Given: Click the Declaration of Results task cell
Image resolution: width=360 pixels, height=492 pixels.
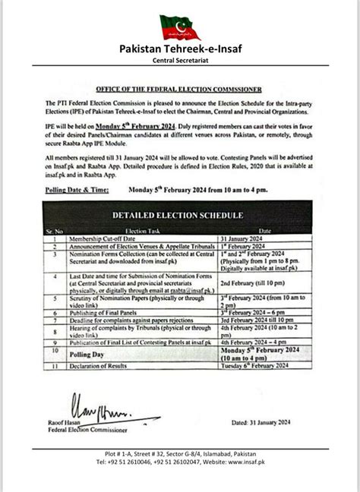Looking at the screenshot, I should click(102, 366).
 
